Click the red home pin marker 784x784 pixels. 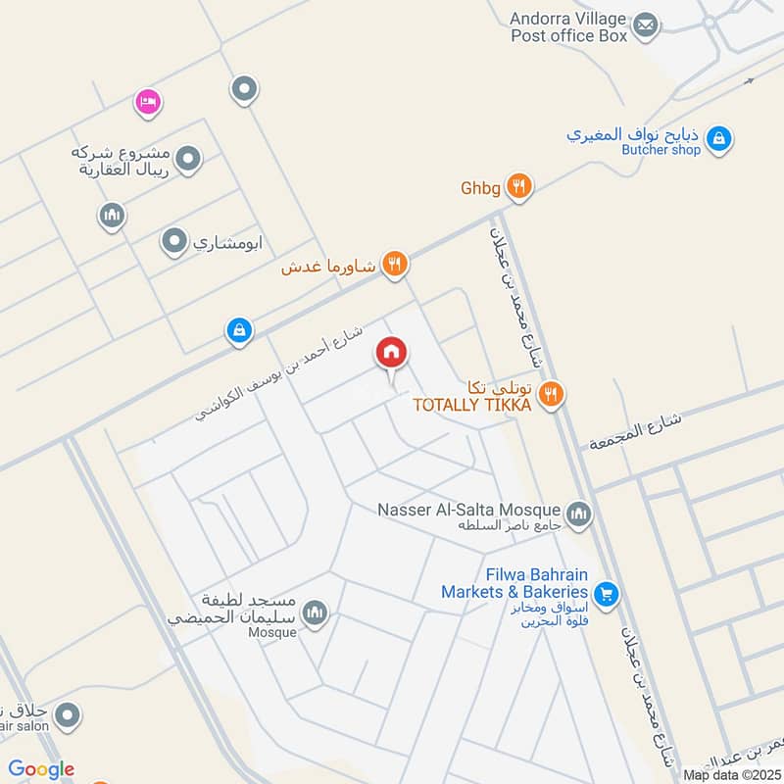click(x=391, y=353)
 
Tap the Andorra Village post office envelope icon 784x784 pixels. click(x=644, y=25)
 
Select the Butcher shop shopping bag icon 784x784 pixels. click(x=718, y=139)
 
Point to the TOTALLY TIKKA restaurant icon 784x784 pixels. click(x=552, y=394)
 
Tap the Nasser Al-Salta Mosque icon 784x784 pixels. click(x=578, y=513)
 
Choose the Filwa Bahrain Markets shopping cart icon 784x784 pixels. click(x=606, y=592)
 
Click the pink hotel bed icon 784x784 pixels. click(x=148, y=101)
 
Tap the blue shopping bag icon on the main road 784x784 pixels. click(x=239, y=331)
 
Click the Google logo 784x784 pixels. click(x=42, y=769)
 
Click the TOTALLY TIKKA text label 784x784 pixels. click(x=471, y=405)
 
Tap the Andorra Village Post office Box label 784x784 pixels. click(x=568, y=26)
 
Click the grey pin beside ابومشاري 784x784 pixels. click(x=174, y=239)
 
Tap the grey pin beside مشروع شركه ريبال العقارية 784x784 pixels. click(x=188, y=157)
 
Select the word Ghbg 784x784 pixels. click(x=481, y=187)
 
